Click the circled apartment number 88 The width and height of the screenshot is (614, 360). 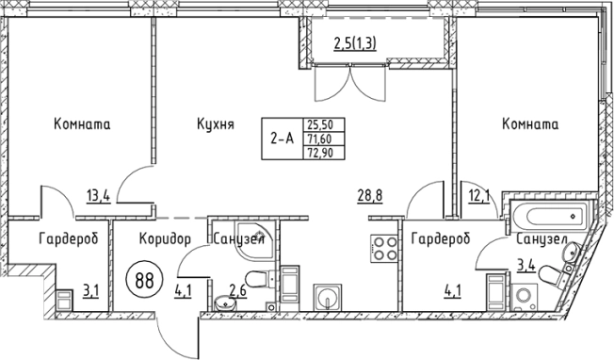point(142,280)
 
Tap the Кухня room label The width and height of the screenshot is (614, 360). point(215,124)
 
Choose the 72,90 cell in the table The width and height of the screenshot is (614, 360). point(319,154)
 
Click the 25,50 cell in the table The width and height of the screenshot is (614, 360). point(319,123)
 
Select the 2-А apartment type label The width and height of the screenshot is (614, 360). point(282,139)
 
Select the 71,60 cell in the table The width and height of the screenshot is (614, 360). point(319,139)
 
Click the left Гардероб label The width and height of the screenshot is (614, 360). point(68,240)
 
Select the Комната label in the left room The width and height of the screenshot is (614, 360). point(83,124)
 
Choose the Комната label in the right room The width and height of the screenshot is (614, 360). point(530,124)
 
